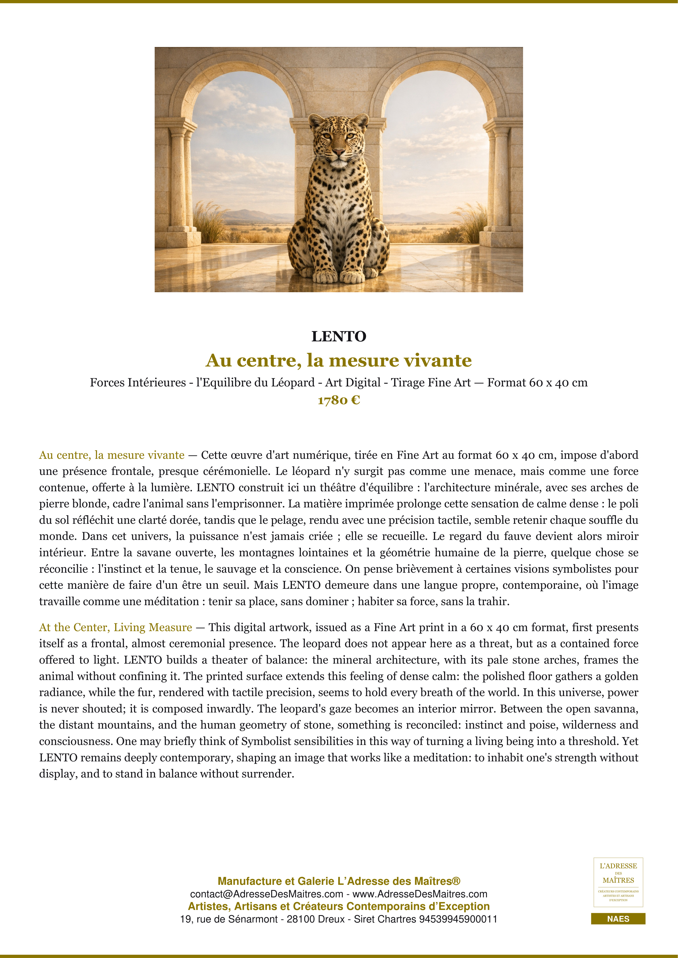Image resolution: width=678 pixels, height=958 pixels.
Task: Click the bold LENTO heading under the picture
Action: [339, 336]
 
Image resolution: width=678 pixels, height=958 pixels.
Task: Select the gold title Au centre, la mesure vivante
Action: [339, 360]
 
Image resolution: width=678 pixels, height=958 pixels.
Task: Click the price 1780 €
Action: [339, 400]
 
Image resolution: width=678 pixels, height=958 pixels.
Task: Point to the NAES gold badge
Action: [618, 919]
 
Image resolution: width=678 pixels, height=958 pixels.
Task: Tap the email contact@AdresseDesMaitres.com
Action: [266, 894]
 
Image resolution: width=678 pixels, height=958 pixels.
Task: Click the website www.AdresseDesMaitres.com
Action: [420, 894]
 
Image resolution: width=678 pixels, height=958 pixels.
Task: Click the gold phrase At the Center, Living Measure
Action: [116, 627]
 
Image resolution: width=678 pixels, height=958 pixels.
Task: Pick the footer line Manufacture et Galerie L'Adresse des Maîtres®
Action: [339, 881]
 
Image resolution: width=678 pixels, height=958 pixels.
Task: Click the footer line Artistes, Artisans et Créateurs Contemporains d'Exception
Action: [339, 906]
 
